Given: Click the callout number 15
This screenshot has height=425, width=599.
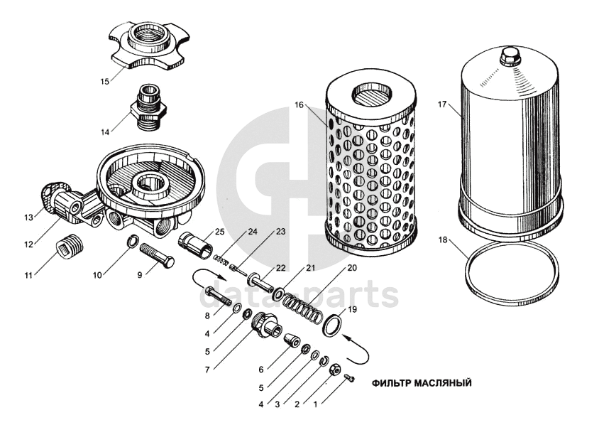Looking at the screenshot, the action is tap(104, 82).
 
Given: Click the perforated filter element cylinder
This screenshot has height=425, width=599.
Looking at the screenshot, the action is tap(369, 164).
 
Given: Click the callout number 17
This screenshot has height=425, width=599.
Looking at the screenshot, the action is tap(442, 105).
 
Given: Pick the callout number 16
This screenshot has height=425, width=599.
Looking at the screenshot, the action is tap(299, 105).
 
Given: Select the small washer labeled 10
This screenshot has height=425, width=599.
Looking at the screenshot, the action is tap(132, 244).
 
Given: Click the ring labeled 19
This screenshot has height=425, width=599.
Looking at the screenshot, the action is tap(334, 326).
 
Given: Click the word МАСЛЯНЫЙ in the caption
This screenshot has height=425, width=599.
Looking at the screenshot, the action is tap(442, 383).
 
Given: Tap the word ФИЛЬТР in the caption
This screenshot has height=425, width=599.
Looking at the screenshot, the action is tap(390, 383).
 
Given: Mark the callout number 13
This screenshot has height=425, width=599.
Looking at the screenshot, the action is tap(28, 217).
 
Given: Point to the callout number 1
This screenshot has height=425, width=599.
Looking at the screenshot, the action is tap(315, 405).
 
